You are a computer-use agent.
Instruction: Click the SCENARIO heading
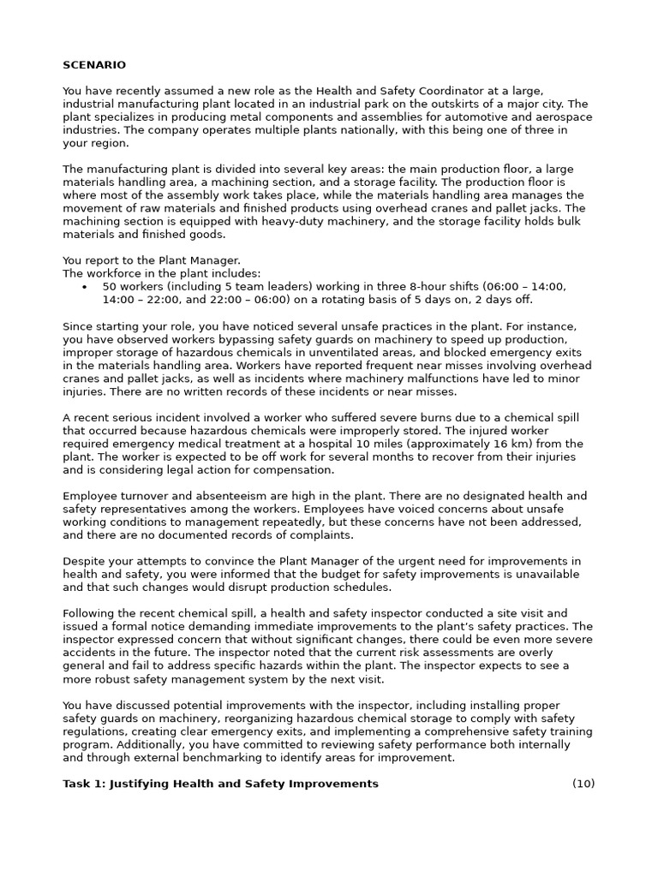tap(94, 65)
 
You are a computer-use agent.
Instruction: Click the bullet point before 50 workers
tap(84, 287)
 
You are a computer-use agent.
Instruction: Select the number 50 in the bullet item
tap(109, 287)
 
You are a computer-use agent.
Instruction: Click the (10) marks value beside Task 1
tap(583, 784)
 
